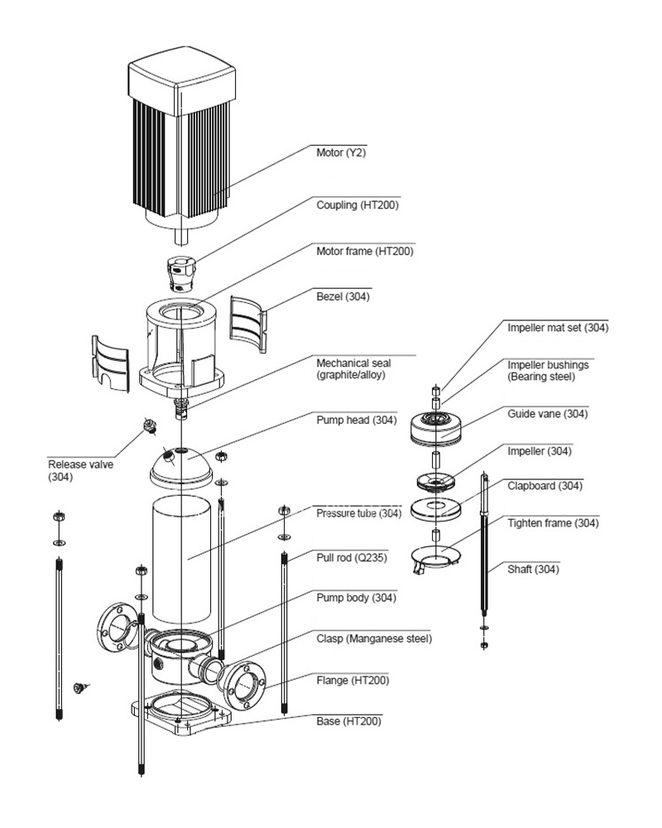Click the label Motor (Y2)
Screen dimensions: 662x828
pos(340,152)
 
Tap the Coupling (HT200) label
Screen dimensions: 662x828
pos(357,205)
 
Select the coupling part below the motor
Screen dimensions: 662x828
pos(181,273)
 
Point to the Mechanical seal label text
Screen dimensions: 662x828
pos(353,369)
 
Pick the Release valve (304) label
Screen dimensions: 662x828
pos(80,470)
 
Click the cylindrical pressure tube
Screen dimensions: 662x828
pos(181,560)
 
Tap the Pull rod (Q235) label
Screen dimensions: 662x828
pos(352,557)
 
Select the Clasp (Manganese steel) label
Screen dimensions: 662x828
pos(374,638)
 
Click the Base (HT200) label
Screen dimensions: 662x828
pos(348,721)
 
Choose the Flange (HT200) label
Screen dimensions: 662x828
pos(353,680)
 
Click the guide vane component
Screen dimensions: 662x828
pos(437,428)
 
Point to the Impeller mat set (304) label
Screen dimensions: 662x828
pos(558,327)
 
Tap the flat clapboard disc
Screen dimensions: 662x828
pos(435,509)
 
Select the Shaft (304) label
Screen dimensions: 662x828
pos(533,570)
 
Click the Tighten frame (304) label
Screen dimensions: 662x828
pos(553,523)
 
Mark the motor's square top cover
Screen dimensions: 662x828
pos(182,80)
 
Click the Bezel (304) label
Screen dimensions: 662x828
pos(343,296)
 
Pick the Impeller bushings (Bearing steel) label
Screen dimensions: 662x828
pos(548,371)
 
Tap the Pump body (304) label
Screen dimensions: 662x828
pos(356,598)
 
